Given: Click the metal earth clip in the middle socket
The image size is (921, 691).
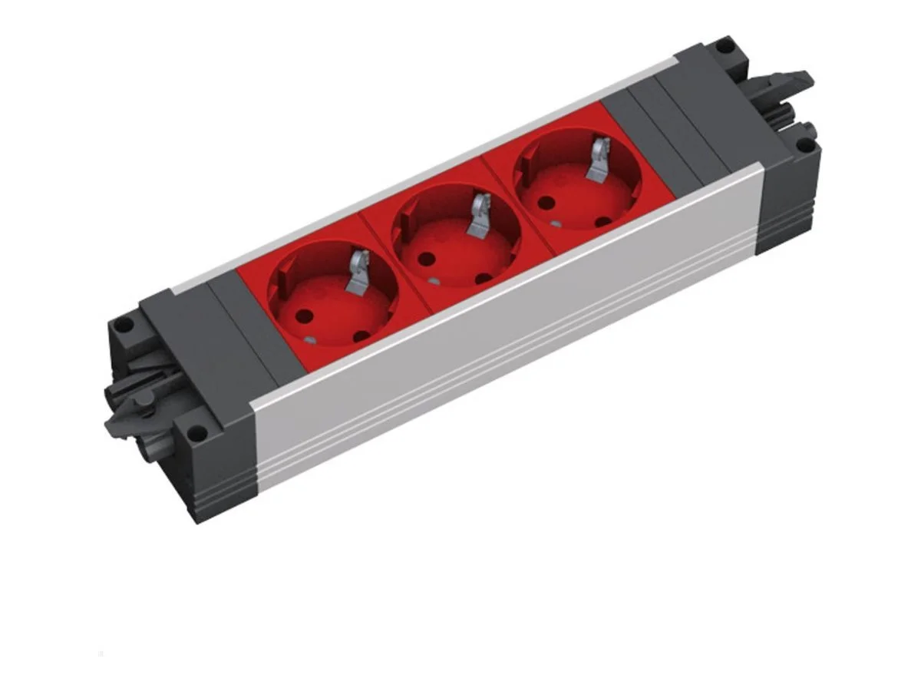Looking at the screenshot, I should click(480, 213).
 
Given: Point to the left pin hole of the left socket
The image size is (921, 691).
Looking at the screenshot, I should click(302, 314).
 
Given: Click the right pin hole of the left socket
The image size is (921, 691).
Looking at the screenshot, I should click(361, 335).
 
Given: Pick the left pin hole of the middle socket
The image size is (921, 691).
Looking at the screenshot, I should click(423, 259).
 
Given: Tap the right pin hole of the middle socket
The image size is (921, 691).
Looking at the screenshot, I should click(483, 278).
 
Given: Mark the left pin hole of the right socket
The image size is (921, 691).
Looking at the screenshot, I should click(546, 204).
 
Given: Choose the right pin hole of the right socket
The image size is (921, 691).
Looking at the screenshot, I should click(604, 221).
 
